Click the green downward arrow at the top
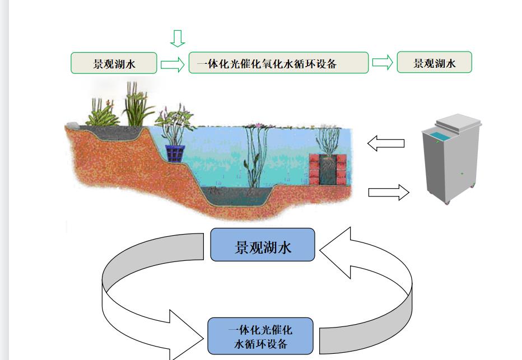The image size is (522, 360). tap(178, 38)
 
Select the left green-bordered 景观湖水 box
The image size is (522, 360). tap(114, 63)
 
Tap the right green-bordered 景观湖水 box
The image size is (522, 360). tap(434, 63)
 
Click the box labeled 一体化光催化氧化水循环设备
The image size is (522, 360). tap(278, 63)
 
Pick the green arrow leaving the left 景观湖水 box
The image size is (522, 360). tap(173, 64)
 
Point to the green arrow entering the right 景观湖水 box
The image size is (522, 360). tap(383, 63)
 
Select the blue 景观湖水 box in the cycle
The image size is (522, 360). tap(263, 245)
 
